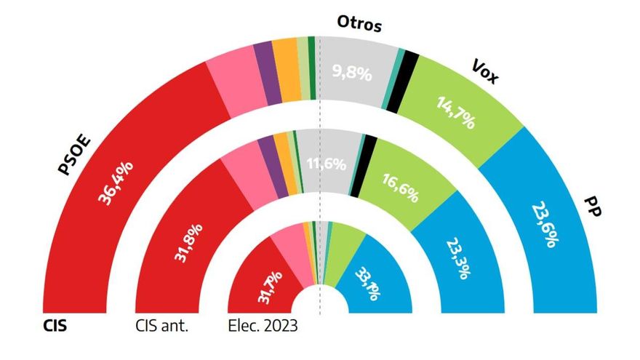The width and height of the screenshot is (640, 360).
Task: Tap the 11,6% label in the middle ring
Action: coord(326,164)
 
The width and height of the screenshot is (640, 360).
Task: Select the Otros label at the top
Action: coord(359,23)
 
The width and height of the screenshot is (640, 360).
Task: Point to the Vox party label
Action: coord(485,71)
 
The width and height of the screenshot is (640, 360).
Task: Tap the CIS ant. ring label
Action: coord(161,324)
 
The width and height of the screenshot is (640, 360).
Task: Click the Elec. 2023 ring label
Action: coord(263,324)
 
